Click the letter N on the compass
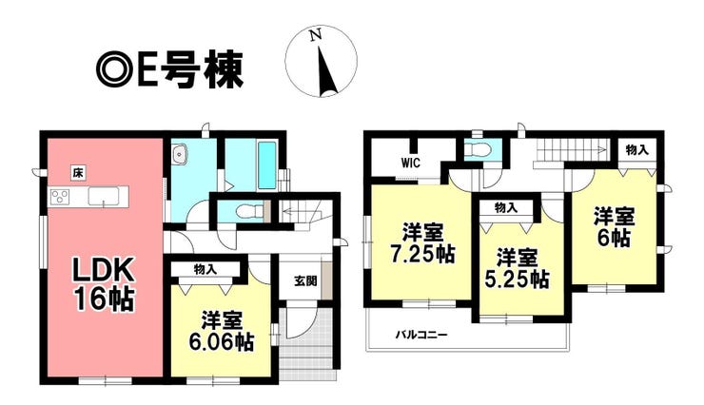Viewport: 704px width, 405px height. [x=317, y=35]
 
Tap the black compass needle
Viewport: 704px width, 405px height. [x=328, y=70]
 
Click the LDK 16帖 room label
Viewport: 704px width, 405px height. [x=104, y=285]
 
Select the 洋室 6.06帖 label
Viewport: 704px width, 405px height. [x=221, y=331]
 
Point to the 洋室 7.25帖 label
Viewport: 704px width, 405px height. [x=421, y=243]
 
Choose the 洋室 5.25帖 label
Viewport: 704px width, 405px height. [x=517, y=268]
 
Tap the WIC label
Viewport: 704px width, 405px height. [x=411, y=163]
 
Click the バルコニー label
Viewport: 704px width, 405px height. [x=421, y=335]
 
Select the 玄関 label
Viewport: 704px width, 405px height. [x=305, y=281]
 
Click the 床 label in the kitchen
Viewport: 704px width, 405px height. [x=78, y=173]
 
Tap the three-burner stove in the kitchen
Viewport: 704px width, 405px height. [x=60, y=197]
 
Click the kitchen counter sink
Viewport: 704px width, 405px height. [x=104, y=196]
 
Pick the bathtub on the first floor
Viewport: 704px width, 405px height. [x=267, y=164]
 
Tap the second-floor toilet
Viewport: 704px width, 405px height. [x=479, y=148]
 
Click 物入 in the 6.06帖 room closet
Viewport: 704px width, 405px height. [x=205, y=269]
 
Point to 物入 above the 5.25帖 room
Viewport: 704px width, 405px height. [x=506, y=207]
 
